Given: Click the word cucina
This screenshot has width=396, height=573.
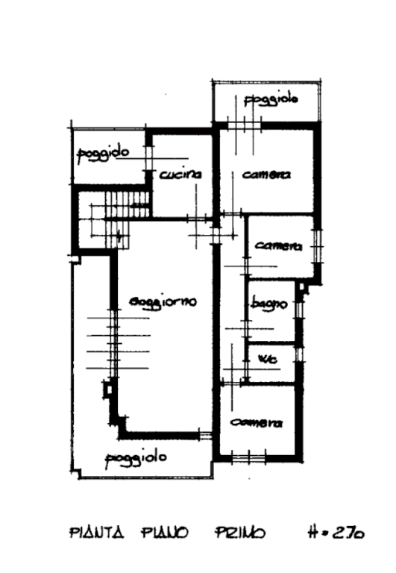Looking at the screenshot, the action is (180, 175).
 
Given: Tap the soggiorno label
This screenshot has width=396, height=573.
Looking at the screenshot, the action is (163, 302).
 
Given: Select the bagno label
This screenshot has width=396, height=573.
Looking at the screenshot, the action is (269, 304).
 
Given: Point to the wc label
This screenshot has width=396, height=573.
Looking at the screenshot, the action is (268, 359).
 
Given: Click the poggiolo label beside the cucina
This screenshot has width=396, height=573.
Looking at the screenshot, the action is (104, 153).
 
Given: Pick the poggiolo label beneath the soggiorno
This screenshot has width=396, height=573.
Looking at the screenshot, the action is (136, 459).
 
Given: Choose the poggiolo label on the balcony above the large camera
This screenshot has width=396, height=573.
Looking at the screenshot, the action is (271, 100).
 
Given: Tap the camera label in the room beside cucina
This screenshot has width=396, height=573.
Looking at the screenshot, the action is (267, 175).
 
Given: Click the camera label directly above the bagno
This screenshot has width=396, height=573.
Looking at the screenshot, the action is (278, 246).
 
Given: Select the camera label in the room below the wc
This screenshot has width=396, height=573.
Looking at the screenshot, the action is (257, 423).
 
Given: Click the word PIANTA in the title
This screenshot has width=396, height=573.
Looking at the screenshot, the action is (97, 533).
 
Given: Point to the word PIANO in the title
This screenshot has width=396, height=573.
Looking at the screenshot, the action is (164, 533).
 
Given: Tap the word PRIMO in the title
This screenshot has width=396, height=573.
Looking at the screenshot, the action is (239, 533).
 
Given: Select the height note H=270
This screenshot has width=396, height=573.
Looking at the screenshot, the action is (336, 533).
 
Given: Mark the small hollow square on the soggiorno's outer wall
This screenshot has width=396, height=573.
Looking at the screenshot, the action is (108, 389).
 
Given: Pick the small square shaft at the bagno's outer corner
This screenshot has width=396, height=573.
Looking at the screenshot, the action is (302, 286).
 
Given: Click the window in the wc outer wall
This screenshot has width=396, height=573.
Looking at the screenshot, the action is (300, 354).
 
